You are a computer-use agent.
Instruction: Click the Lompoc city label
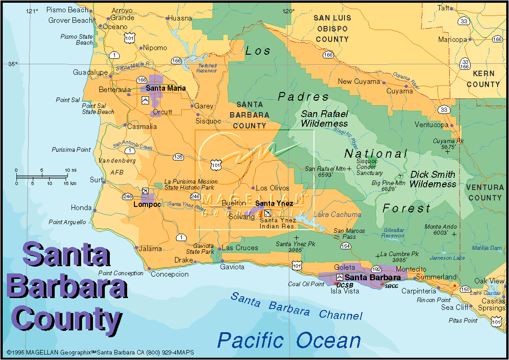[147, 205]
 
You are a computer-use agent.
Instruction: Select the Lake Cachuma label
[337, 214]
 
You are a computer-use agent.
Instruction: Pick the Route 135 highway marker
[178, 157]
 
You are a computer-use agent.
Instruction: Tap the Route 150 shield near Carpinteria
[465, 289]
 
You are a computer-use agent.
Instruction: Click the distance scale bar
[42, 176]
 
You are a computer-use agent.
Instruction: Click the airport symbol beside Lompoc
[145, 191]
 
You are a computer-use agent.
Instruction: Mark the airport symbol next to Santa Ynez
[268, 213]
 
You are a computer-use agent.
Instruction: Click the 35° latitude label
[13, 64]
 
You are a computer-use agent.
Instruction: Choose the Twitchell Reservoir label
[206, 68]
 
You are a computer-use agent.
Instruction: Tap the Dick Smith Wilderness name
[432, 179]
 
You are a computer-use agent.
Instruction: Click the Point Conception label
[121, 273]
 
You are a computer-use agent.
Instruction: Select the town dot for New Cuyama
[384, 83]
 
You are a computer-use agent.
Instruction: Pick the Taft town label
[443, 8]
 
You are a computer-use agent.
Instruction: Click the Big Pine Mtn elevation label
[382, 185]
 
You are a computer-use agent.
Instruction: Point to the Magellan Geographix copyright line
[100, 352]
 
